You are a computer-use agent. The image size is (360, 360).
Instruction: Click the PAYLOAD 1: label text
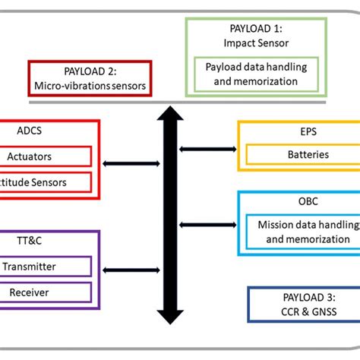[255, 28]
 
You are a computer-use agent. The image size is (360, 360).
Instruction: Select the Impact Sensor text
[255, 42]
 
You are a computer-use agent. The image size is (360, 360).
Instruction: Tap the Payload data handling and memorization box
[256, 74]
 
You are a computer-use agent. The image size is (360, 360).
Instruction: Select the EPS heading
[298, 131]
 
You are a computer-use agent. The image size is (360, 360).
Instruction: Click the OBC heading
[298, 202]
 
